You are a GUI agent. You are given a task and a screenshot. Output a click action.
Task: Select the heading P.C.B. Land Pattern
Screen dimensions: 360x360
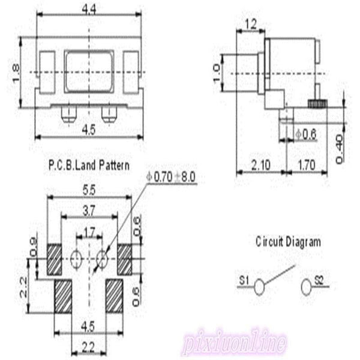pos(88,163)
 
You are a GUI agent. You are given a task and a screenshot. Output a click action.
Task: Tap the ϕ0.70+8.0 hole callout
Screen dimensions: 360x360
pos(172,177)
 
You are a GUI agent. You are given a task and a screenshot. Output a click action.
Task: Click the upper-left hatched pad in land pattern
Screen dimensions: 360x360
pos(55,259)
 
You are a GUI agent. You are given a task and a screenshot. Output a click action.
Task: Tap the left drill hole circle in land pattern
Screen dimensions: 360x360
pos(76,259)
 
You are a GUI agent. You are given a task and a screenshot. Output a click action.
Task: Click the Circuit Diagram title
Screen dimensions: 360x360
pos(288,242)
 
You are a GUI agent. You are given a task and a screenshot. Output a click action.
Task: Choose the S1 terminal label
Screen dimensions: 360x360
pos(244,279)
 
